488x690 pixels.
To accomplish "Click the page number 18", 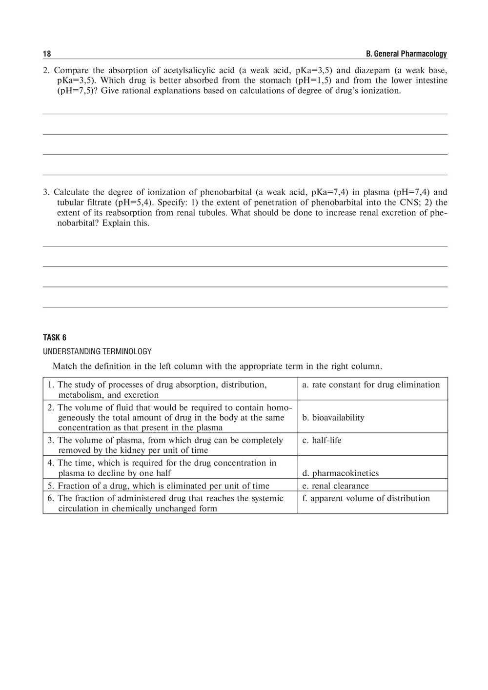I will click(x=47, y=54).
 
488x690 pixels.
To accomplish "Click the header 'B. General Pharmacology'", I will click(x=406, y=54).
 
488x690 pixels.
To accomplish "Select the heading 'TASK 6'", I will click(x=55, y=337).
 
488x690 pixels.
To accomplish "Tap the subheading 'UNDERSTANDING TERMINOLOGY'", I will click(x=97, y=351).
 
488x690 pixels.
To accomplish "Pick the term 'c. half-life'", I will click(x=322, y=440).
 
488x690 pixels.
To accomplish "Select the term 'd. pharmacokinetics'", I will click(x=341, y=473).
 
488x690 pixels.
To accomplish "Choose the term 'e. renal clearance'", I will click(x=336, y=486).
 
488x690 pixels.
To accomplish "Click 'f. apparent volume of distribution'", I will click(x=366, y=498).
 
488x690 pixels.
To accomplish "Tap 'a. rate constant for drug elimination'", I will click(x=371, y=385).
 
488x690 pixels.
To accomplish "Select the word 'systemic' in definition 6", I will click(x=267, y=498).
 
